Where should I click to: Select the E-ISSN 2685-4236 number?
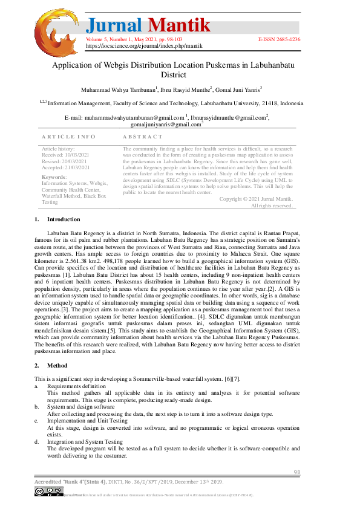[278, 39]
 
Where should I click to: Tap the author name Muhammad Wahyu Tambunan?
[117, 89]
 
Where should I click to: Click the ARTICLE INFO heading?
[68, 137]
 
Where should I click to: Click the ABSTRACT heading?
[143, 137]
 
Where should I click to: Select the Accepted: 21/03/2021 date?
[65, 167]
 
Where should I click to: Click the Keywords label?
[54, 177]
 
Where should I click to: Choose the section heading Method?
[57, 365]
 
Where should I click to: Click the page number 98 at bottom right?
[296, 472]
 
